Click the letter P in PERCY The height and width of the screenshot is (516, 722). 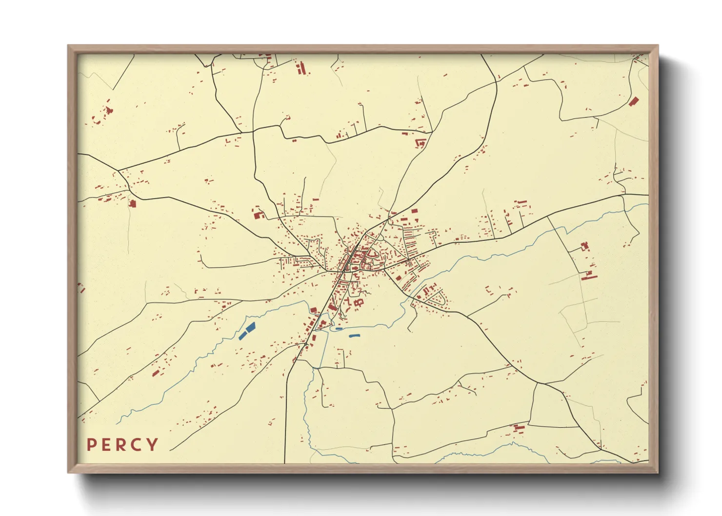91,444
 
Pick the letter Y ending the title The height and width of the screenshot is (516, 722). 153,444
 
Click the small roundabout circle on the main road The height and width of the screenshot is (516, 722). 305,344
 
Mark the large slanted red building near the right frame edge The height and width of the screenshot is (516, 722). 634,101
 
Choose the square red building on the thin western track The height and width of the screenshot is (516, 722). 132,203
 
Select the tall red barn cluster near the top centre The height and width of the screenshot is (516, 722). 301,68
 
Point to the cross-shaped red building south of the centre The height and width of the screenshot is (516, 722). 361,303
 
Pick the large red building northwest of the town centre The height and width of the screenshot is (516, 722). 258,213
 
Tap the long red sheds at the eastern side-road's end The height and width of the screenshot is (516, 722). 589,277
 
